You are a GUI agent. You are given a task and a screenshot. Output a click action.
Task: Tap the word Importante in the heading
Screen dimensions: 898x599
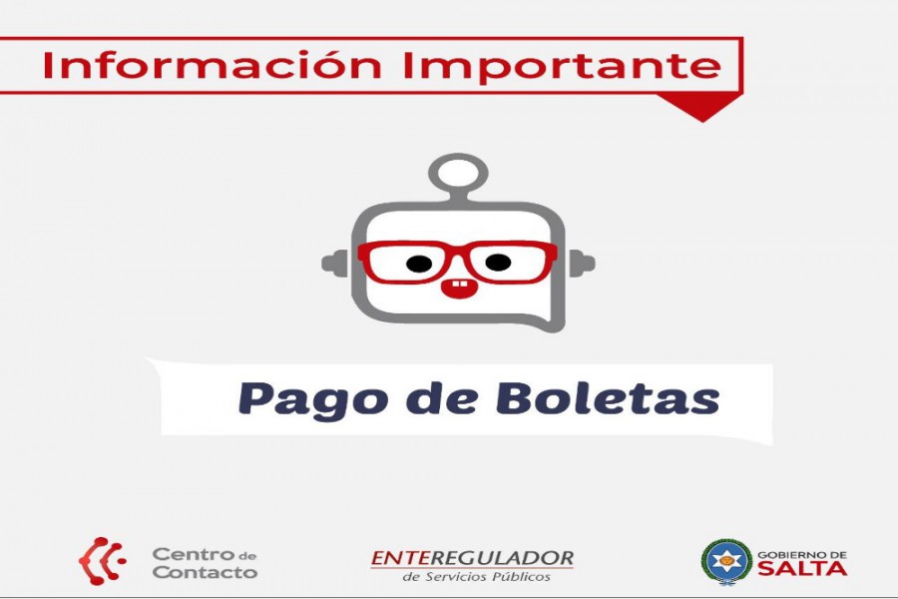[562, 65]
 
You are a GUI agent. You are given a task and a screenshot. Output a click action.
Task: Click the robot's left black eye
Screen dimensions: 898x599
[419, 264]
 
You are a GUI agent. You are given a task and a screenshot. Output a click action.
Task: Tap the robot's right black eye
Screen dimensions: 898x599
[498, 263]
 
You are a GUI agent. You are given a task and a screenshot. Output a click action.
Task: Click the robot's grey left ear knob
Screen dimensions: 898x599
[335, 264]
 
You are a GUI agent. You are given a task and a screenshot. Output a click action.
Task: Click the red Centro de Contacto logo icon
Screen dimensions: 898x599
[102, 561]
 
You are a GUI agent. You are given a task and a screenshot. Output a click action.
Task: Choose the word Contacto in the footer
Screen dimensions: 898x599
[205, 571]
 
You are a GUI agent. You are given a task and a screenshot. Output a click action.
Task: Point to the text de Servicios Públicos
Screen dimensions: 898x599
[476, 576]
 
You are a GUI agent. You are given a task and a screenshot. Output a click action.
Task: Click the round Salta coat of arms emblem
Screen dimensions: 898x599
[726, 561]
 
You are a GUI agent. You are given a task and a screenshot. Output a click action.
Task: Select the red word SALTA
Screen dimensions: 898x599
[802, 568]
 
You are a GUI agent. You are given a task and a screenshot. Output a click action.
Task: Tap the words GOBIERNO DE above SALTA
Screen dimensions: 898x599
[802, 554]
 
